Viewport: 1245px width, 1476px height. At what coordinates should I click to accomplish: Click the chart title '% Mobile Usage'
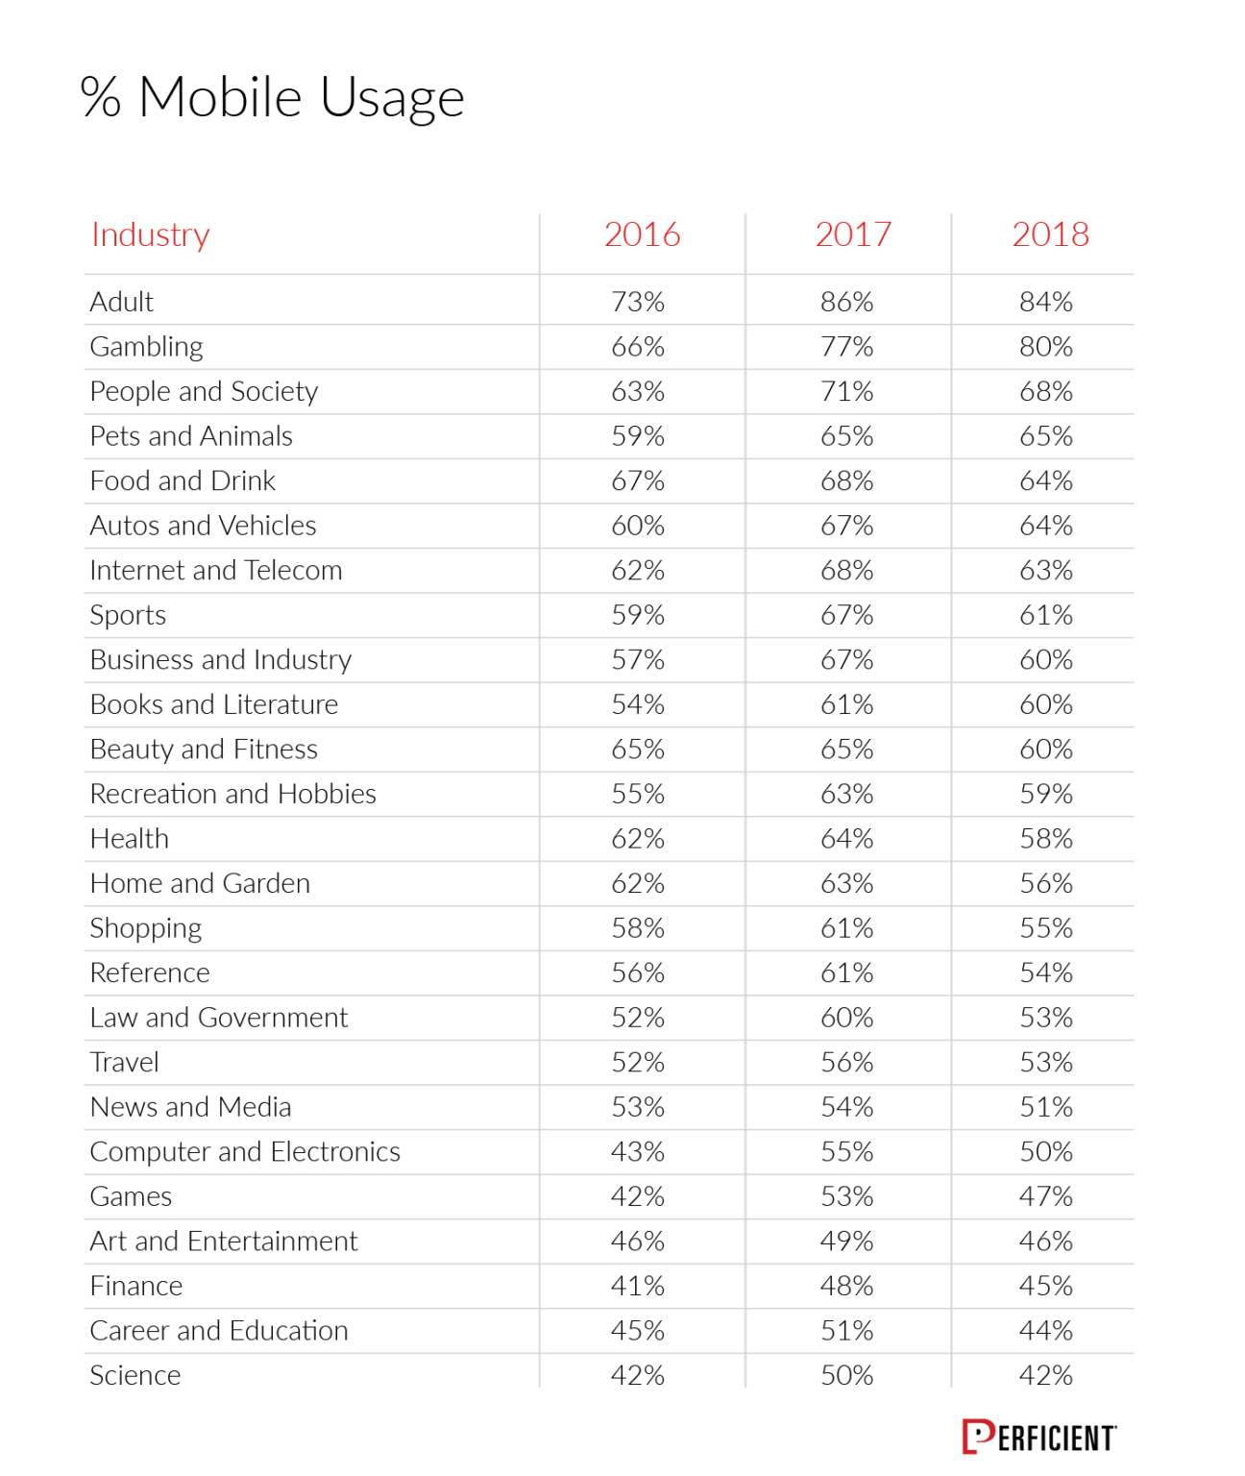point(273,98)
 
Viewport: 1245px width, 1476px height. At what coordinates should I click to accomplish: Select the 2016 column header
point(642,234)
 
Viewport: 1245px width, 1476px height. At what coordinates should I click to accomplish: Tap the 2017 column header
point(853,234)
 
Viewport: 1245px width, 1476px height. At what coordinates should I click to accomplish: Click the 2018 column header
point(1050,234)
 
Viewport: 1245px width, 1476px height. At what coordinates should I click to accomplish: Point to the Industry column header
point(151,234)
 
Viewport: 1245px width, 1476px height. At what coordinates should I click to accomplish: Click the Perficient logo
point(1039,1438)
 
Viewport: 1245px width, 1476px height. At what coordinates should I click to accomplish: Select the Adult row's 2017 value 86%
point(846,302)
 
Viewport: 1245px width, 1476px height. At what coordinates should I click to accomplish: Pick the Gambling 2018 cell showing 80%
point(1045,347)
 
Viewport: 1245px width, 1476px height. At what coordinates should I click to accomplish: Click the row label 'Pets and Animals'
point(191,436)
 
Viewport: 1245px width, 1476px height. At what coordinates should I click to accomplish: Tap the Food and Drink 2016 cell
point(638,480)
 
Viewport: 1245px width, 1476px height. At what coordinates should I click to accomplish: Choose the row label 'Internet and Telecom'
point(216,571)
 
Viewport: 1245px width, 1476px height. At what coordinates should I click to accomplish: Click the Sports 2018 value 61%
point(1045,615)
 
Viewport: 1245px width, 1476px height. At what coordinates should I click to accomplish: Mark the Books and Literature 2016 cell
point(638,704)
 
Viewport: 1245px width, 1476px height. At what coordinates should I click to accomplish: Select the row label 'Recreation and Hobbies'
point(233,794)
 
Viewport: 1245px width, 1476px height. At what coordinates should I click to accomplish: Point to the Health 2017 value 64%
point(846,839)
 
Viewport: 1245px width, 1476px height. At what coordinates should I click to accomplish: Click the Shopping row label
point(146,928)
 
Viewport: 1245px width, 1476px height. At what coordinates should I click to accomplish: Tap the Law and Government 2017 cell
point(846,1018)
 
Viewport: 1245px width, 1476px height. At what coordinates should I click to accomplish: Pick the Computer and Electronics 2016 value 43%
point(638,1151)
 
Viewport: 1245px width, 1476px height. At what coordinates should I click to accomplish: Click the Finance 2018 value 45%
point(1045,1286)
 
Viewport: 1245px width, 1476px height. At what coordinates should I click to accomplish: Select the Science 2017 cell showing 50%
point(846,1375)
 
